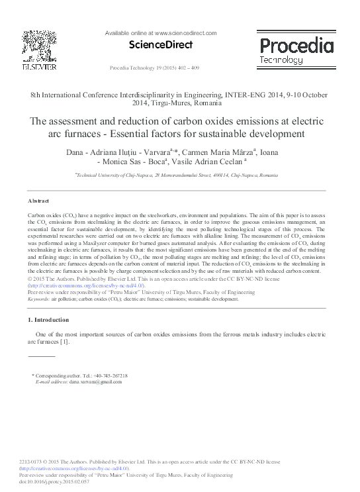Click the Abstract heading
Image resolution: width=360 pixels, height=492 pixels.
tap(39, 200)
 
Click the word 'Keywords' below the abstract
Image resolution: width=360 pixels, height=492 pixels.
tap(39, 299)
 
